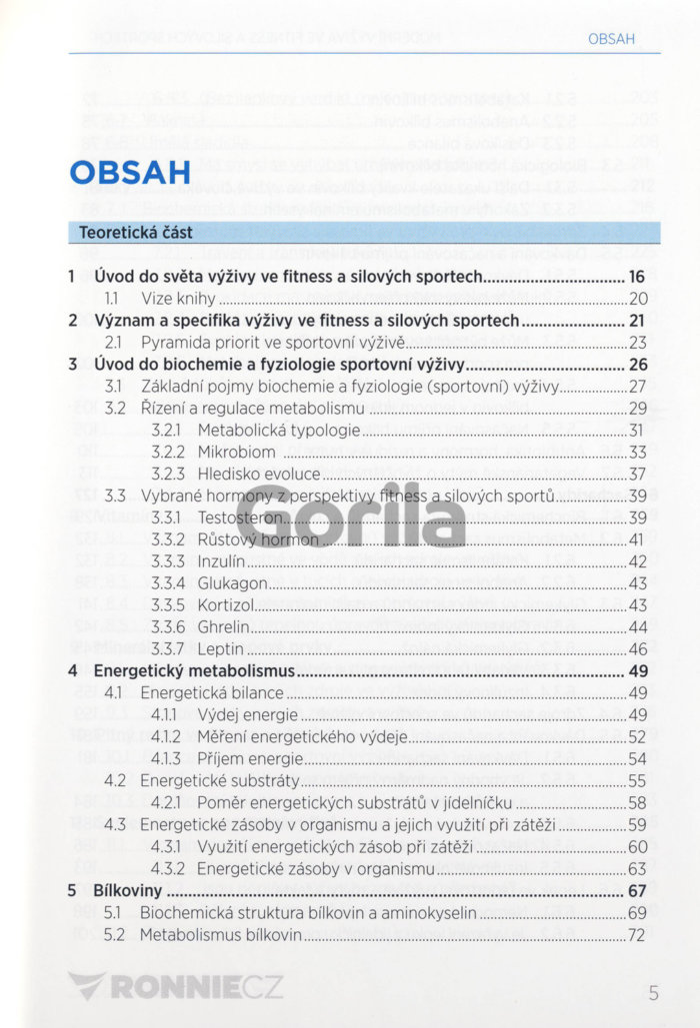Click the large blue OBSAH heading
(130, 173)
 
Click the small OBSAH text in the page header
(612, 40)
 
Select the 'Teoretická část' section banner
(136, 233)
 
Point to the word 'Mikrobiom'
(236, 452)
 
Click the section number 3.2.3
(168, 474)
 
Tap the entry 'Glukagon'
(232, 583)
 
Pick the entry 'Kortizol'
(228, 605)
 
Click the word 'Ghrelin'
(224, 627)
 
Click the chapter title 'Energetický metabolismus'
(189, 670)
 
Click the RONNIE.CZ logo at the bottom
(176, 989)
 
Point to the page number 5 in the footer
(653, 992)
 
